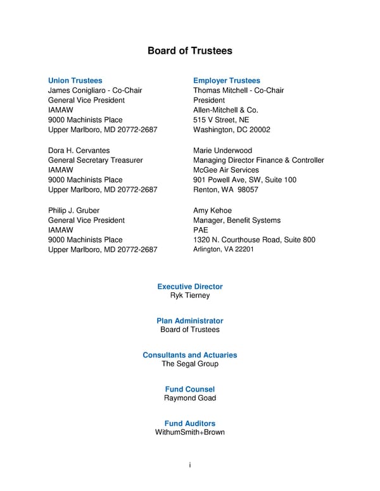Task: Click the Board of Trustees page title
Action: coord(190,51)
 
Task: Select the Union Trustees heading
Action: coord(75,80)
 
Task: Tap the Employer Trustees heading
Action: coord(226,80)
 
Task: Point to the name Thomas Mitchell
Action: coord(220,90)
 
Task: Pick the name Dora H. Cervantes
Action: coord(79,151)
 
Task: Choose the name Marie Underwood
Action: coord(222,151)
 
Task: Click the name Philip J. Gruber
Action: coord(73,210)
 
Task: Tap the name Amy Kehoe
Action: coord(212,210)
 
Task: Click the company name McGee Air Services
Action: coord(226,170)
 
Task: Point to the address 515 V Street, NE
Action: coord(221,120)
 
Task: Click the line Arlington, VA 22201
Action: coord(223,249)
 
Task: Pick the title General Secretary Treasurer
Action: coord(95,160)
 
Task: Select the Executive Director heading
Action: coord(190,287)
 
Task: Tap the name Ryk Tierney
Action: coord(190,295)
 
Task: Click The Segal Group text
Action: coord(190,364)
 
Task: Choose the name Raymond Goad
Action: coord(190,398)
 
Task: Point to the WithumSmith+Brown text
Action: coord(190,432)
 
